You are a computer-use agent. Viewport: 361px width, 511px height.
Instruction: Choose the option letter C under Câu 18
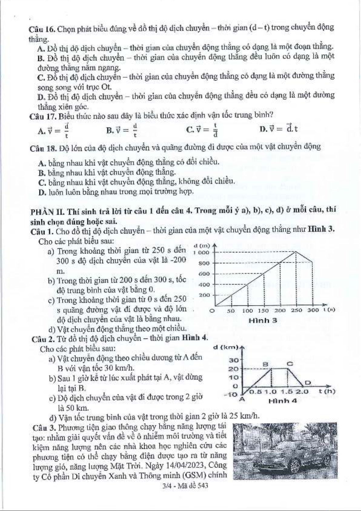pos(42,183)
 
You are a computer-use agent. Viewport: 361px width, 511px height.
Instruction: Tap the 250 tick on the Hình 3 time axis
pos(296,310)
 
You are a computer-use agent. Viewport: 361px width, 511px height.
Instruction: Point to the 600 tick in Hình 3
pos(204,274)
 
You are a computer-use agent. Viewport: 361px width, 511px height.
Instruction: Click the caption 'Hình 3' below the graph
pos(263,320)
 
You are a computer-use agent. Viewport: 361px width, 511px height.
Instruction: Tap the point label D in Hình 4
pos(308,382)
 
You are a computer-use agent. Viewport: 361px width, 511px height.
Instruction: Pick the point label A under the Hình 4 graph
pos(242,399)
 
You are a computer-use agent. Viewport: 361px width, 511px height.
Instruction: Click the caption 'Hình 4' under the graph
pos(283,401)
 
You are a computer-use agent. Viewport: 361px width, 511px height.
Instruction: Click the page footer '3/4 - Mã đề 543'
pos(185,486)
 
